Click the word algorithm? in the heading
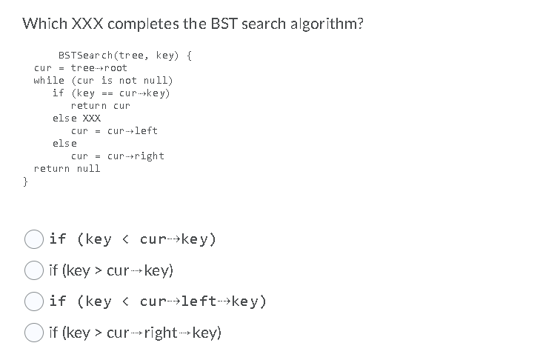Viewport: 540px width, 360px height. [324, 23]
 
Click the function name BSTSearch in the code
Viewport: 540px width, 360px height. [83, 55]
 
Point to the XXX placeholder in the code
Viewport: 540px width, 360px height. [92, 118]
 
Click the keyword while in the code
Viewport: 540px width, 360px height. [49, 80]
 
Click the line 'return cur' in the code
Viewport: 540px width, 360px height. [100, 105]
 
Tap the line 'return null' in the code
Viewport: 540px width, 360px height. [67, 168]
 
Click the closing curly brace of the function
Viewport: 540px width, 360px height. [25, 181]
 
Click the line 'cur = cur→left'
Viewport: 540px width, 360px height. [114, 130]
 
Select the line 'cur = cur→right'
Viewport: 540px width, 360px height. [117, 156]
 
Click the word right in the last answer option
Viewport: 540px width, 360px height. [161, 333]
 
